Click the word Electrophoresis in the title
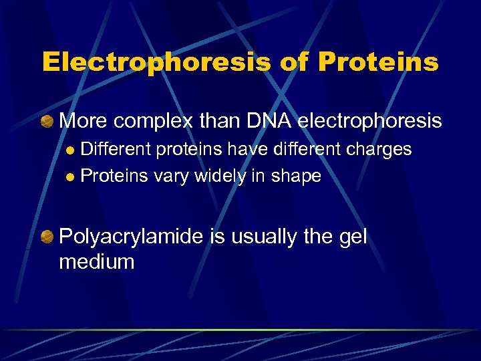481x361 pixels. [155, 62]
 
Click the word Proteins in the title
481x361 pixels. [378, 62]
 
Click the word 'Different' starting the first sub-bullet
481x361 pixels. [117, 149]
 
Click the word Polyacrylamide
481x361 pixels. [131, 237]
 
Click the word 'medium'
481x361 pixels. [96, 261]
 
